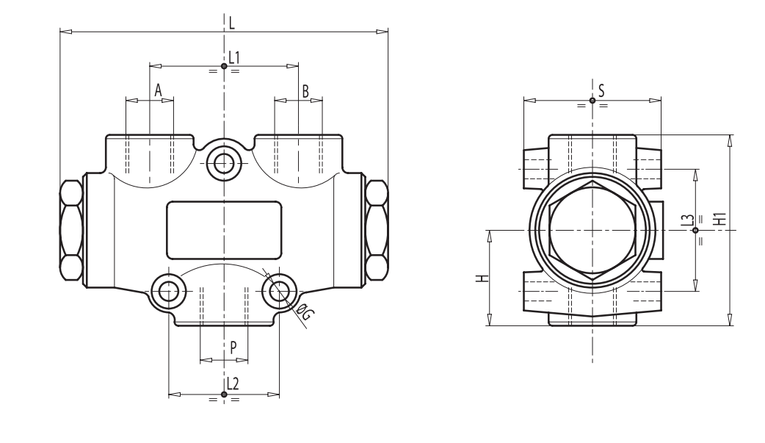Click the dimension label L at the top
pos(231,23)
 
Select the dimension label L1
pos(234,57)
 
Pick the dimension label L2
pos(233,383)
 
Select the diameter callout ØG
pos(306,314)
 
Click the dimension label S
pos(601,90)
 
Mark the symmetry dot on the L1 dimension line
pos(224,66)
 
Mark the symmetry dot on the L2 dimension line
pos(224,395)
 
